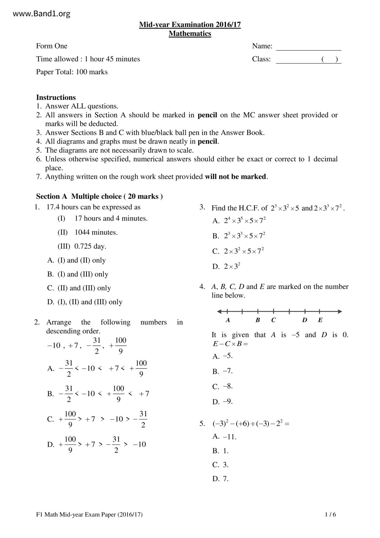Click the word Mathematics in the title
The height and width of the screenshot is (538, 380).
click(x=190, y=33)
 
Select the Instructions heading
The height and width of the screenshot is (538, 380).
click(x=56, y=98)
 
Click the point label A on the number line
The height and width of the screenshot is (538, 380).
click(x=228, y=320)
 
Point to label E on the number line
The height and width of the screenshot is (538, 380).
click(x=320, y=320)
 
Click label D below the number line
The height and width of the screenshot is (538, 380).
click(x=304, y=320)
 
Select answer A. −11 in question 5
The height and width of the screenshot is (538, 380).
click(x=224, y=437)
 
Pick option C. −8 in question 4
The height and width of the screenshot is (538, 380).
click(x=222, y=386)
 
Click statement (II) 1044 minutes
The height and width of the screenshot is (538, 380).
click(x=88, y=232)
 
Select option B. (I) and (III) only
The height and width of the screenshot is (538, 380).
click(x=78, y=274)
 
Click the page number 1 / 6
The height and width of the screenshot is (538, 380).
click(x=330, y=515)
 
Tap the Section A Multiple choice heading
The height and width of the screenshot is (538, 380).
click(x=99, y=197)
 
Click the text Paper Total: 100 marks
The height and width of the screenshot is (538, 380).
click(x=72, y=72)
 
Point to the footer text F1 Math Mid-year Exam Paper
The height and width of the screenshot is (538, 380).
click(x=89, y=515)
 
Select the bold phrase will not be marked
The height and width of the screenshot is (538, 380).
click(x=236, y=177)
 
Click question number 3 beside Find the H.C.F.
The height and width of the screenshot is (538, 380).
click(x=202, y=207)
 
